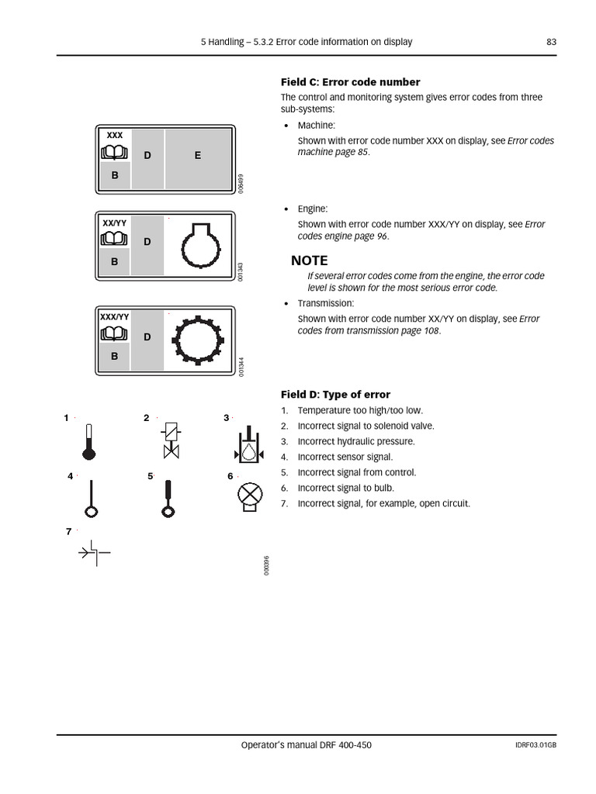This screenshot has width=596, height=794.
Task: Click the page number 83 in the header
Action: [x=551, y=42]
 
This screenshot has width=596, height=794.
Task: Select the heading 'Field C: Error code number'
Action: [x=350, y=82]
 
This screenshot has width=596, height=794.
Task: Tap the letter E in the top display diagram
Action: [x=198, y=156]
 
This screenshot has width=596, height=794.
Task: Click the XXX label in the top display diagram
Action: [x=115, y=136]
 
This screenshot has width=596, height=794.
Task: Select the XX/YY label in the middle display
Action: [x=115, y=223]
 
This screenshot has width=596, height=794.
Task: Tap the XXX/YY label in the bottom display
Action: [x=114, y=317]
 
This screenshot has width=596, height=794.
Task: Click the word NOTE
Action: [x=310, y=261]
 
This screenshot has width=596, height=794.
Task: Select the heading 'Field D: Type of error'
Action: [x=335, y=395]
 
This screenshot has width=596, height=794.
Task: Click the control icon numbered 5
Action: [x=167, y=499]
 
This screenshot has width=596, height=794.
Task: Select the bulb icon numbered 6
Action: [x=248, y=496]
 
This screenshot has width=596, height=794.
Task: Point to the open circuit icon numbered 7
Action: [x=94, y=553]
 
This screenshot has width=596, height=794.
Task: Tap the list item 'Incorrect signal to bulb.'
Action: [x=345, y=488]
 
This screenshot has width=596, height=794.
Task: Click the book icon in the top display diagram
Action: [x=114, y=154]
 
